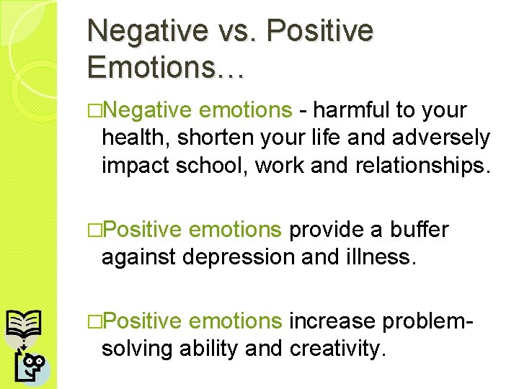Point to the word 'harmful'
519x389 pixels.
pyautogui.click(x=351, y=111)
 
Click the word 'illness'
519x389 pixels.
pyautogui.click(x=379, y=256)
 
